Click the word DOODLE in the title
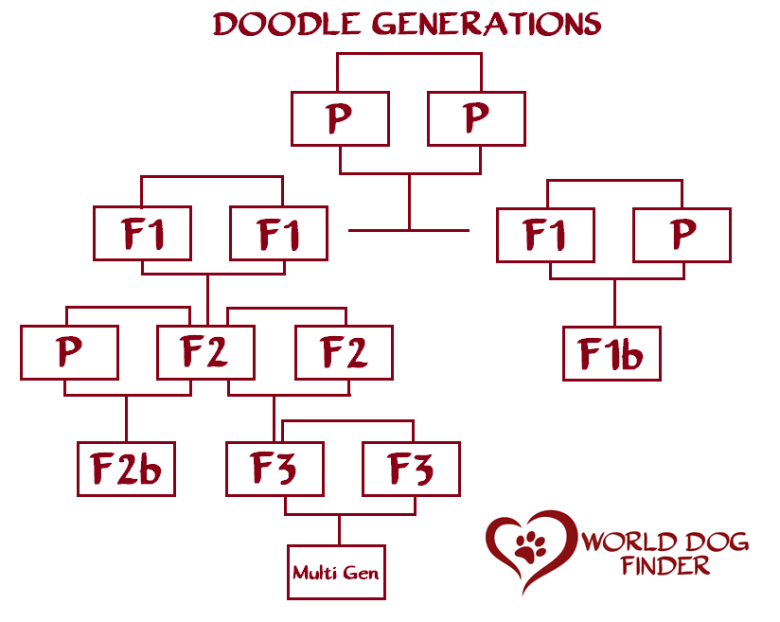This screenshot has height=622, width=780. point(287,25)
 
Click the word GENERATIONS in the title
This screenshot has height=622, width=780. point(487,25)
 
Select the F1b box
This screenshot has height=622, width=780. point(612,354)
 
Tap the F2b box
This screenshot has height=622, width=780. point(126,470)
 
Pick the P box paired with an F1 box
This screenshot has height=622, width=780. point(682,236)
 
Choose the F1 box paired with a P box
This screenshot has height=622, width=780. point(545,236)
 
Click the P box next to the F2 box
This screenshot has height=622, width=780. point(70,353)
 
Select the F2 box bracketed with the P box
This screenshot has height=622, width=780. point(206,353)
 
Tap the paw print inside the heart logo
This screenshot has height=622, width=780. point(530,547)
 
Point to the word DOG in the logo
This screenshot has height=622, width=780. point(718,542)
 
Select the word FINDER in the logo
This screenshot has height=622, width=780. point(665,566)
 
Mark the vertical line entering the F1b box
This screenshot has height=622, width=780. point(615,303)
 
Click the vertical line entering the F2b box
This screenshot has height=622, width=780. point(126,419)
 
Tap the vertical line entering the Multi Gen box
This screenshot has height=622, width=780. point(339,530)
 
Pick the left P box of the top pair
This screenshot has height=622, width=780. point(340,119)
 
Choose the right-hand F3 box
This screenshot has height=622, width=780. point(412,470)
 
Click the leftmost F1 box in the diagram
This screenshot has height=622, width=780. point(142,234)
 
